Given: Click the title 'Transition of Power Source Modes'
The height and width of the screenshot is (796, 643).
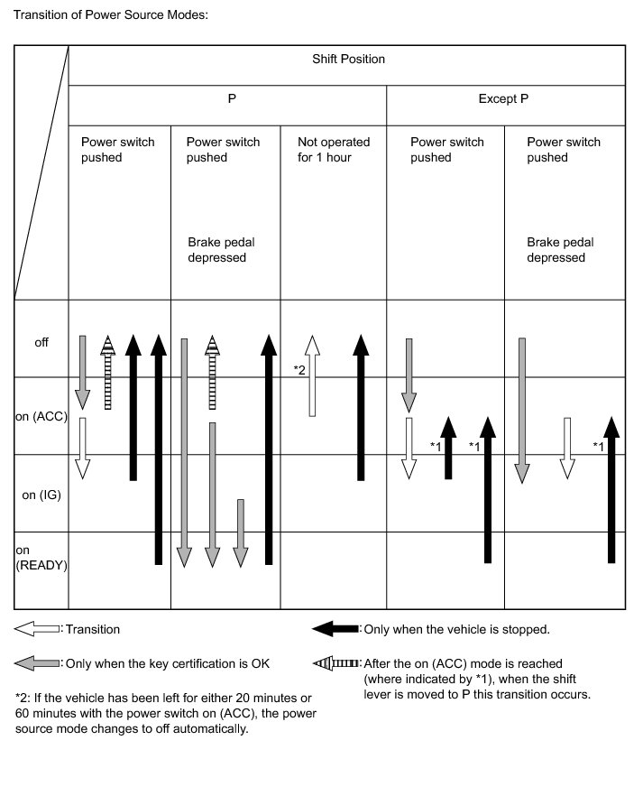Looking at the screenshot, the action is [111, 15].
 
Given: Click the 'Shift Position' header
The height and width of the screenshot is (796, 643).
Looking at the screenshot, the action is [347, 60].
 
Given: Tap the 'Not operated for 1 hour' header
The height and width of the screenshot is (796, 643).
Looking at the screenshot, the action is [334, 150].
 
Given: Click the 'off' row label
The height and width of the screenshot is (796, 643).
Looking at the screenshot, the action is [41, 342].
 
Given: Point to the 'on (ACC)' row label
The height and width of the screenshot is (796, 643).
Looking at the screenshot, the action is [41, 417].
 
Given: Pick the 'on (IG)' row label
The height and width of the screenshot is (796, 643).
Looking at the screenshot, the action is [41, 495].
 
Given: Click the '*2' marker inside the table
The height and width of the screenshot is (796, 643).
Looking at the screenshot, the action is [299, 370].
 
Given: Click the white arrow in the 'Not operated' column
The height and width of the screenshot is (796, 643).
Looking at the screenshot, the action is [312, 375].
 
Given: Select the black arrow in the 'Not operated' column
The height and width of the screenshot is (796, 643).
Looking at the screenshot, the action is [361, 406].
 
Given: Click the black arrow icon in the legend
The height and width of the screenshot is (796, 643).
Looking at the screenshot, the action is [335, 629].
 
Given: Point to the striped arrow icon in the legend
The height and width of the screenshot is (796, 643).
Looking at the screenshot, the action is [335, 663].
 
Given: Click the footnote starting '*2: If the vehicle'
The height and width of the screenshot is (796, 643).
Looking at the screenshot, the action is [164, 713].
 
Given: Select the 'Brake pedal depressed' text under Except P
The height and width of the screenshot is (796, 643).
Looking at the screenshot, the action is [560, 250].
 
